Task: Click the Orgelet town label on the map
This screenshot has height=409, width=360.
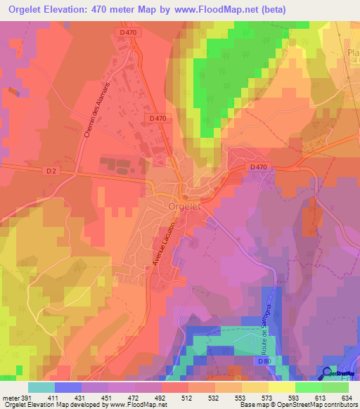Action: pyautogui.click(x=186, y=206)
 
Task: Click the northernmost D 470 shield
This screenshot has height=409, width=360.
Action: pyautogui.click(x=128, y=32)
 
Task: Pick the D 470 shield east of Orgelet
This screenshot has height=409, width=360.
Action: pyautogui.click(x=258, y=167)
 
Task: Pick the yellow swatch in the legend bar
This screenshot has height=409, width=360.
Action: pyautogui.click(x=281, y=387)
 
